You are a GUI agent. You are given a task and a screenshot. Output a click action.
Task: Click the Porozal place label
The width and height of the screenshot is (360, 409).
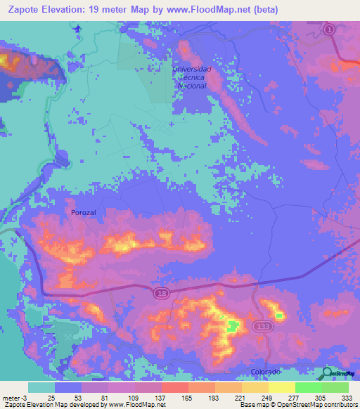coord(84,212)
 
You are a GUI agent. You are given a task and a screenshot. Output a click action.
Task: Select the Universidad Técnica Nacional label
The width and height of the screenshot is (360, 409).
coord(192,77)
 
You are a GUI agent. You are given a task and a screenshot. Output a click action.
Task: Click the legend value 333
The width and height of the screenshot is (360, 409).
coord(347,397)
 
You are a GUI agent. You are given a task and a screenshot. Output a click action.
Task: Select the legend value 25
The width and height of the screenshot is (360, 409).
coord(51,397)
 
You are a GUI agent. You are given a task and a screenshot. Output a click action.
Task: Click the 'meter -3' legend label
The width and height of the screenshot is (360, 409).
coord(14,397)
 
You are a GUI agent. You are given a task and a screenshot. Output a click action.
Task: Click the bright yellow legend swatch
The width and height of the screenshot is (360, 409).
coord(282,387)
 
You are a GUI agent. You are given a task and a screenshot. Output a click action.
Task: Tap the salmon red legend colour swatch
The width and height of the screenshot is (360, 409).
coord(175,387)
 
